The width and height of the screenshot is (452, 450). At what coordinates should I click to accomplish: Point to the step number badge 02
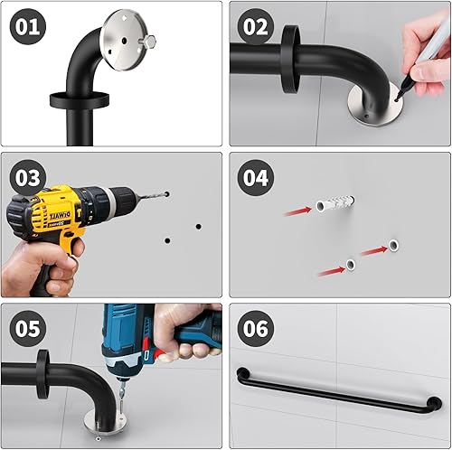click(257, 26)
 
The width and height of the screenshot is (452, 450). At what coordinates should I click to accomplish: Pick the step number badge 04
click(257, 177)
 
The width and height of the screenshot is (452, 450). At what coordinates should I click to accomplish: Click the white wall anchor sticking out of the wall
click(328, 206)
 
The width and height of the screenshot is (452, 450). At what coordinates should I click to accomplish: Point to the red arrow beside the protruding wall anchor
click(295, 211)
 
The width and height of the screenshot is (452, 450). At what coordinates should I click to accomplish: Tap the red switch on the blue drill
click(160, 353)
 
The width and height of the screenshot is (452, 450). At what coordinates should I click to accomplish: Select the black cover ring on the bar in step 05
click(42, 376)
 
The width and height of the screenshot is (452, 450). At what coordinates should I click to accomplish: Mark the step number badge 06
click(257, 329)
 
